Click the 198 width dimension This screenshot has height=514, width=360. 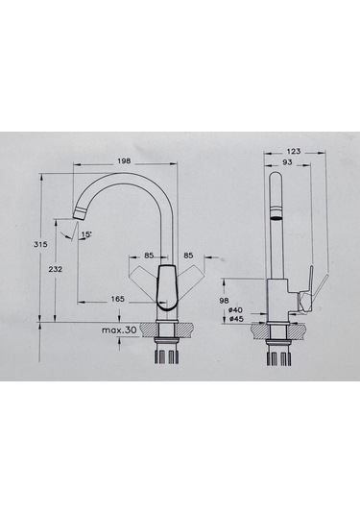pyautogui.click(x=124, y=161)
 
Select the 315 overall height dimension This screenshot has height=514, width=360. pyautogui.click(x=40, y=244)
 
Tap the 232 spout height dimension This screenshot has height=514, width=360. pyautogui.click(x=55, y=269)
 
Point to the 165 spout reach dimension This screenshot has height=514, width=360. pyautogui.click(x=117, y=299)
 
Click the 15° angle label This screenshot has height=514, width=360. pyautogui.click(x=86, y=234)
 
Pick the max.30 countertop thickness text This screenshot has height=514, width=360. pyautogui.click(x=119, y=330)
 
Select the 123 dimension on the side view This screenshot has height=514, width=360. pyautogui.click(x=294, y=151)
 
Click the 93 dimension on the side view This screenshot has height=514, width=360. pyautogui.click(x=287, y=162)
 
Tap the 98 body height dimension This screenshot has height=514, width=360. pyautogui.click(x=225, y=300)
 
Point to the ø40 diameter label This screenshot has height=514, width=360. pyautogui.click(x=235, y=310)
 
